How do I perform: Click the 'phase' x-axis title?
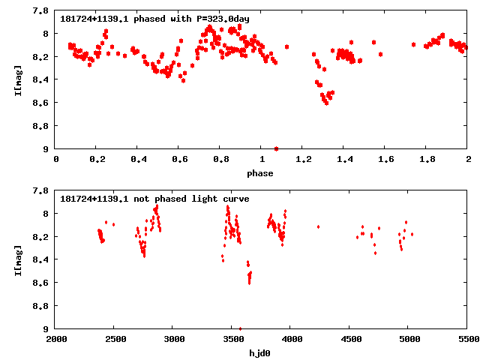coord(262,173)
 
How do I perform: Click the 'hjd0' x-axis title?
coord(262,353)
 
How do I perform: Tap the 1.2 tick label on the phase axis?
coord(303,160)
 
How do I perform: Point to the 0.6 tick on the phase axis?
coord(180,160)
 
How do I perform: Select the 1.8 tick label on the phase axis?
coord(427,160)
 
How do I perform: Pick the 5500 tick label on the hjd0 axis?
coord(467,340)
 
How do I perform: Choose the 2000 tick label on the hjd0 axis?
coord(57,340)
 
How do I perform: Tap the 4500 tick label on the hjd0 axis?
coord(350,340)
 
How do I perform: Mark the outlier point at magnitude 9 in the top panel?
coord(277,148)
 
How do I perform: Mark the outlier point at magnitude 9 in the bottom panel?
coord(240,328)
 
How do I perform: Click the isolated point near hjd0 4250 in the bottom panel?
coord(318,226)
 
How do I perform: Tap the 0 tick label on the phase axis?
coord(57,160)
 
